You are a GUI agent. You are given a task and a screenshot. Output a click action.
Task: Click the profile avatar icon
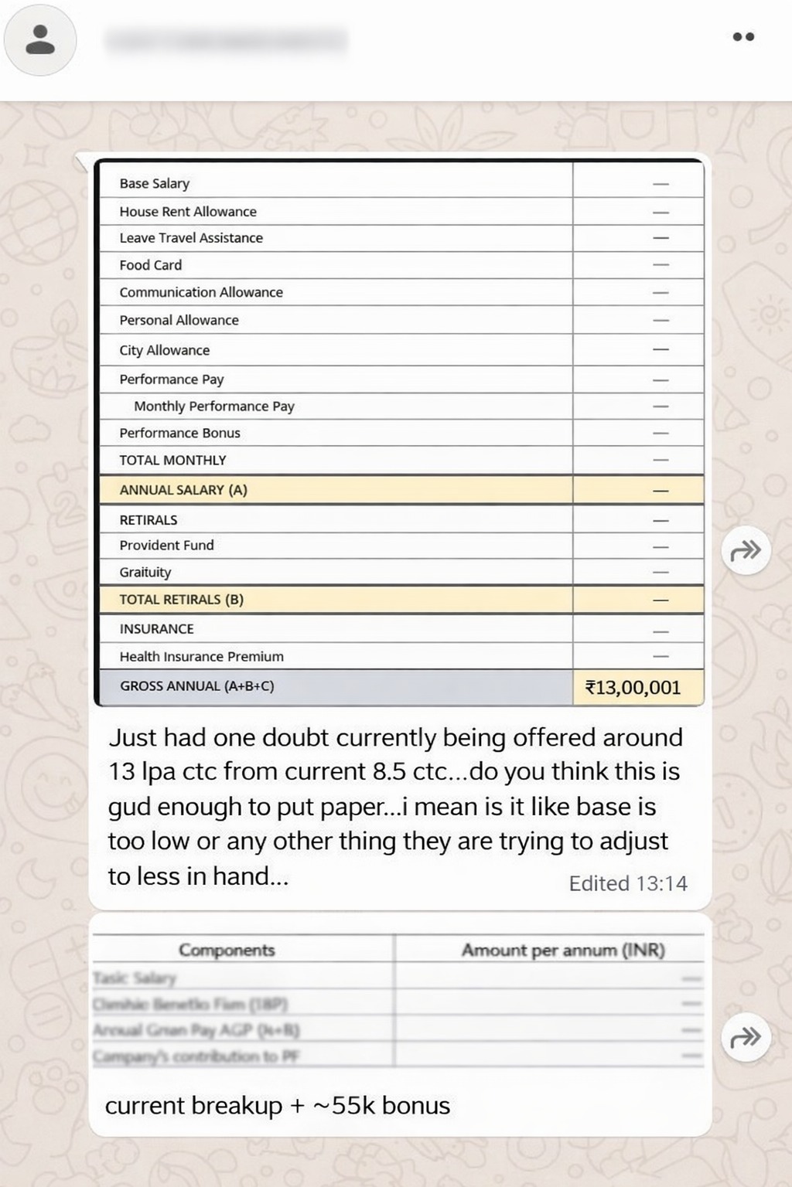pyautogui.click(x=40, y=39)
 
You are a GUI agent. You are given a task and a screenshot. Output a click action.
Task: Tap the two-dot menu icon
pyautogui.click(x=743, y=36)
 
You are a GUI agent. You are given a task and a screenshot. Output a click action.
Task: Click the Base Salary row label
pyautogui.click(x=154, y=183)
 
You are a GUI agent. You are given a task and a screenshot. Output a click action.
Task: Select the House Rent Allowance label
pyautogui.click(x=187, y=211)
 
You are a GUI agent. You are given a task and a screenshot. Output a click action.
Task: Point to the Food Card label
pyautogui.click(x=150, y=264)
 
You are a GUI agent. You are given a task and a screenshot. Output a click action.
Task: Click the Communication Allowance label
pyautogui.click(x=201, y=292)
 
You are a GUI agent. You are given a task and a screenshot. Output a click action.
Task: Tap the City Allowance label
pyautogui.click(x=164, y=350)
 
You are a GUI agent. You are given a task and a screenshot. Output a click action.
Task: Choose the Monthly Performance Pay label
pyautogui.click(x=214, y=406)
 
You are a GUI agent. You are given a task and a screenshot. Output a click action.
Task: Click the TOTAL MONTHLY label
pyautogui.click(x=172, y=460)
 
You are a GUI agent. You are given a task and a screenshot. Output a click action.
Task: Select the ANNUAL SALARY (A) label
pyautogui.click(x=183, y=489)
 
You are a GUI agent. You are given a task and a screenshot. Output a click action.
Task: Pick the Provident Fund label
pyautogui.click(x=166, y=545)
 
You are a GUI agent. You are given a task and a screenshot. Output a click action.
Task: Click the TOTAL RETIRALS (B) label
pyautogui.click(x=181, y=599)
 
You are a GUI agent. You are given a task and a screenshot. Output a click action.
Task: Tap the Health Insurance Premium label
pyautogui.click(x=201, y=656)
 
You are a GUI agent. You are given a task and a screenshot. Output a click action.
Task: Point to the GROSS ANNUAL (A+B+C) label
pyautogui.click(x=196, y=685)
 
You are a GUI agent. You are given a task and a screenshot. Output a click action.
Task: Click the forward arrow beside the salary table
pyautogui.click(x=746, y=551)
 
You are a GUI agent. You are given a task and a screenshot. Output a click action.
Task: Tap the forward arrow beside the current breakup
pyautogui.click(x=746, y=1037)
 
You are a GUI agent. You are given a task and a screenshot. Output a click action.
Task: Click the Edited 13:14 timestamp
pyautogui.click(x=627, y=883)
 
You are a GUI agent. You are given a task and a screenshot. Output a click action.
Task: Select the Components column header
pyautogui.click(x=227, y=950)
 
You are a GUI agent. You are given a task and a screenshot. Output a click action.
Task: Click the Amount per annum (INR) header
pyautogui.click(x=563, y=950)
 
